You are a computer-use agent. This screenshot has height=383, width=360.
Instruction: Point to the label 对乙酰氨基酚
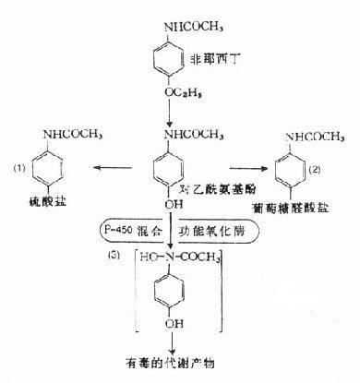coord(221,189)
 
